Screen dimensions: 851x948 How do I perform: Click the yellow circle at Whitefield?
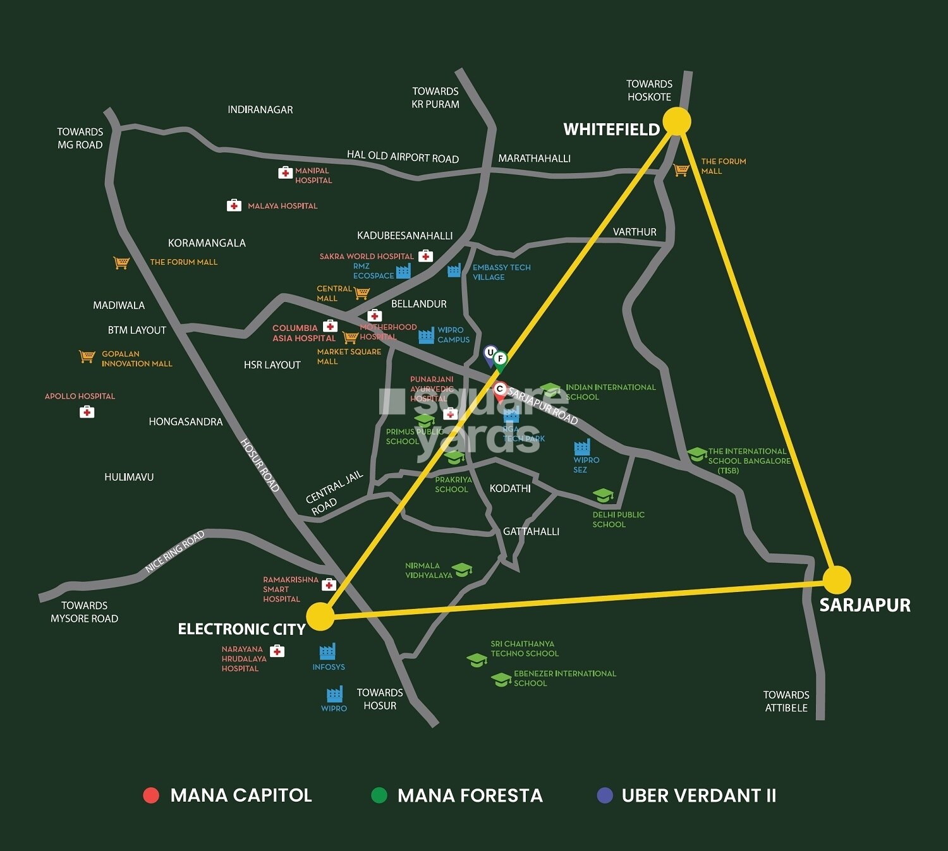click(677, 121)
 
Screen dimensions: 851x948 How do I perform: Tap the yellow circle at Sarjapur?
click(837, 579)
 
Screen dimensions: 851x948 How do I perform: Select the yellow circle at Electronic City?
click(320, 617)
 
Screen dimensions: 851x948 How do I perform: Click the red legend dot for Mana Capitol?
click(151, 795)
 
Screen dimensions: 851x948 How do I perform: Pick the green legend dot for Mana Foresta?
click(379, 795)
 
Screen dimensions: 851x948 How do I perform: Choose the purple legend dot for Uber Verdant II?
click(605, 795)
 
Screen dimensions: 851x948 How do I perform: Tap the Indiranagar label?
click(260, 110)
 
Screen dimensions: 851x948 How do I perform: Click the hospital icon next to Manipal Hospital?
click(285, 172)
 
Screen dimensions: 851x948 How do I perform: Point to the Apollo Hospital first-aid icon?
click(87, 412)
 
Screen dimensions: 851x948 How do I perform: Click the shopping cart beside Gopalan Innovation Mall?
click(87, 357)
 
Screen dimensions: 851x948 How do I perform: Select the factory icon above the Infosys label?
click(327, 651)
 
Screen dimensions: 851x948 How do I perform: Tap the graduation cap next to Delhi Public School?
click(604, 495)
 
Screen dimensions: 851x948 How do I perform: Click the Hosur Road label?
click(260, 464)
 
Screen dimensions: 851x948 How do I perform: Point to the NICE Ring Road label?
click(174, 552)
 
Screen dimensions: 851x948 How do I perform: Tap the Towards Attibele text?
click(786, 701)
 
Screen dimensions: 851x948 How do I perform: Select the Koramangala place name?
click(207, 243)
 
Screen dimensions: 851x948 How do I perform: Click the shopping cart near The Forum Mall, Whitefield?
click(681, 169)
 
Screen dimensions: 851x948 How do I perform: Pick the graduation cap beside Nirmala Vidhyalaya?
click(463, 570)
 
